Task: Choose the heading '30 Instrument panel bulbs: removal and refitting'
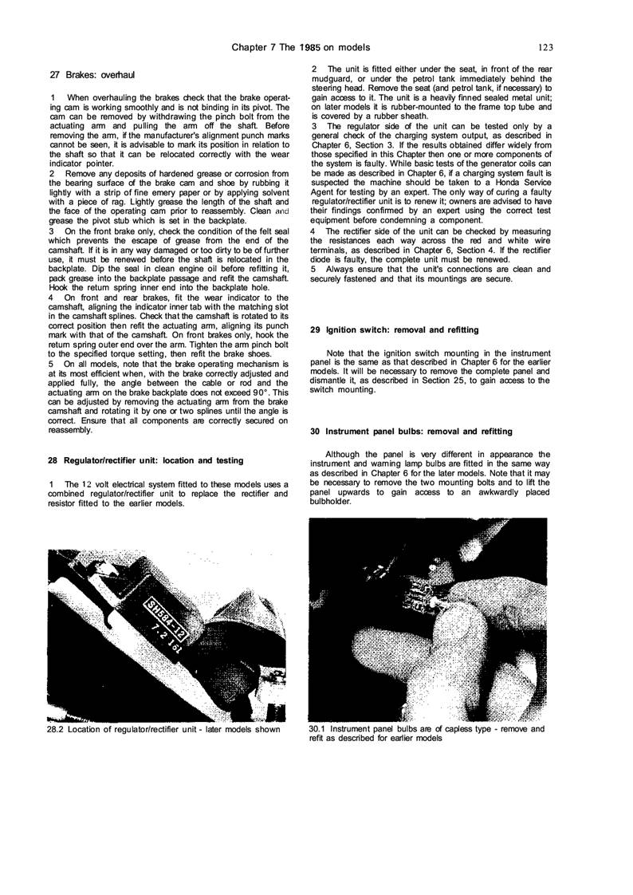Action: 411,431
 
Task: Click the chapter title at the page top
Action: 311,47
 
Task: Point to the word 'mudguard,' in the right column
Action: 331,78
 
